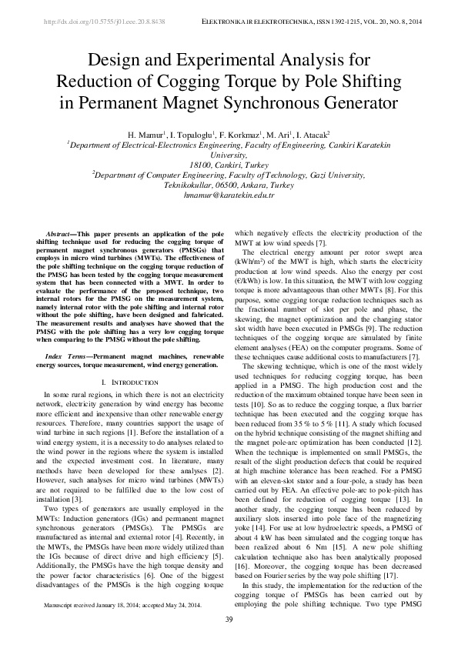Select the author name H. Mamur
145,133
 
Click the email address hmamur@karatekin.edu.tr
229,195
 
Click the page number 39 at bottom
229,620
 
